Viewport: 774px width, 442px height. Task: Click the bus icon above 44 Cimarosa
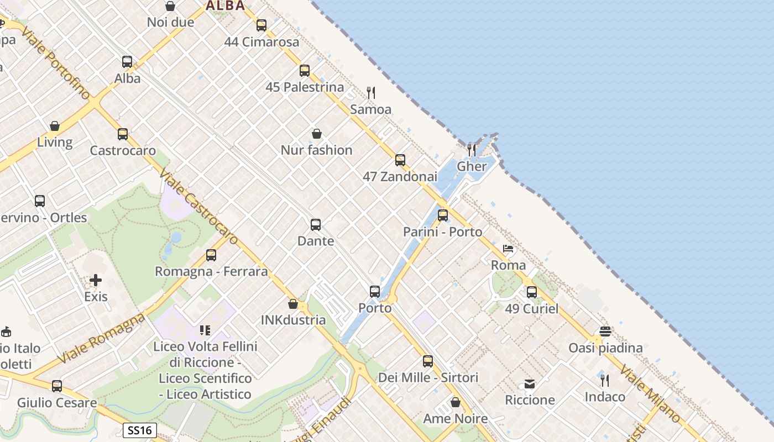[x=262, y=25]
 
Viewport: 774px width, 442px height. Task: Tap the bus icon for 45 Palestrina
[x=305, y=71]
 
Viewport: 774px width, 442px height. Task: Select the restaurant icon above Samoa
[x=371, y=92]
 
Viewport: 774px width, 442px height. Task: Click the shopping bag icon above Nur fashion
[x=317, y=134]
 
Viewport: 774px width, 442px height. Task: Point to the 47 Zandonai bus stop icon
[x=400, y=161]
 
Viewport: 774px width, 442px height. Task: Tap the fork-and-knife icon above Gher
[x=472, y=150]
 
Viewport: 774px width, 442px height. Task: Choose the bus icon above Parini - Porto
[x=443, y=215]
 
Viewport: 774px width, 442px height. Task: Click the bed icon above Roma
[x=509, y=249]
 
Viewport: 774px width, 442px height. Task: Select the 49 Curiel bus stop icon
[x=532, y=292]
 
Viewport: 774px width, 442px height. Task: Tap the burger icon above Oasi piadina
[x=605, y=331]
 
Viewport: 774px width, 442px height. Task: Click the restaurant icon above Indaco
[x=605, y=380]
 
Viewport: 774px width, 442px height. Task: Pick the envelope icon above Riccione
[x=530, y=383]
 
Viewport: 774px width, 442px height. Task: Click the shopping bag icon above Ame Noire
[x=456, y=402]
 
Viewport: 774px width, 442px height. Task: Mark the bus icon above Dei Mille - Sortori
[x=428, y=361]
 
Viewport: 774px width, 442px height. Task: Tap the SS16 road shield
[x=139, y=430]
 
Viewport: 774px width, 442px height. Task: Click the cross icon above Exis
[x=96, y=280]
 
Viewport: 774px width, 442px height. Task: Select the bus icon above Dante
[x=316, y=225]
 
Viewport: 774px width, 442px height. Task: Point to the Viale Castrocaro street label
[x=198, y=207]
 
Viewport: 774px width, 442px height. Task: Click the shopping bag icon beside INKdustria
[x=293, y=304]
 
